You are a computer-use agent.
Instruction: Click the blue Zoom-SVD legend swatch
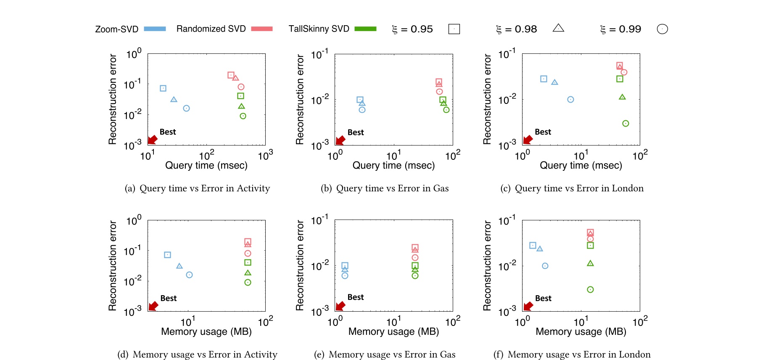click(x=155, y=29)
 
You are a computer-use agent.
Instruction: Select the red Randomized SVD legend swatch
click(x=262, y=29)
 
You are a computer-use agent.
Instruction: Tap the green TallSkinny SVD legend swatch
click(x=365, y=29)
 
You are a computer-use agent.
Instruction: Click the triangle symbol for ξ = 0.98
click(x=558, y=28)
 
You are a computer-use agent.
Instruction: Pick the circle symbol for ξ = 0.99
click(x=662, y=29)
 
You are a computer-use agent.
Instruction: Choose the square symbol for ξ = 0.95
click(x=454, y=29)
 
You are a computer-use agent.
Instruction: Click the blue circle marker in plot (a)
click(x=186, y=108)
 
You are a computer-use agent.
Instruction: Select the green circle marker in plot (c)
click(x=625, y=123)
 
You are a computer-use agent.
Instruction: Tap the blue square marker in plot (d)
click(x=167, y=255)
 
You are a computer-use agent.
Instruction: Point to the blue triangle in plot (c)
click(x=554, y=82)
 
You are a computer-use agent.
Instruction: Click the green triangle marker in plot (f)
click(x=590, y=263)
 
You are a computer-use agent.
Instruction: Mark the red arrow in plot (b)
click(x=340, y=140)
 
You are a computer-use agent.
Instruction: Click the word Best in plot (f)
click(x=543, y=298)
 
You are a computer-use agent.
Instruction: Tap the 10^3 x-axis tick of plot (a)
click(x=265, y=156)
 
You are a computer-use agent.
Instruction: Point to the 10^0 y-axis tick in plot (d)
click(x=134, y=221)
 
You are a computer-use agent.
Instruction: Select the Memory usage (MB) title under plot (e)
click(x=393, y=331)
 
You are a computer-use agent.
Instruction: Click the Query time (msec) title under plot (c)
click(x=581, y=165)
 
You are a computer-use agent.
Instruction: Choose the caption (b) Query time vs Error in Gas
click(x=385, y=188)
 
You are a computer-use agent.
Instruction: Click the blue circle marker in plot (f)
click(x=545, y=266)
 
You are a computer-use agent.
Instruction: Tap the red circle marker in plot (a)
click(x=241, y=87)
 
